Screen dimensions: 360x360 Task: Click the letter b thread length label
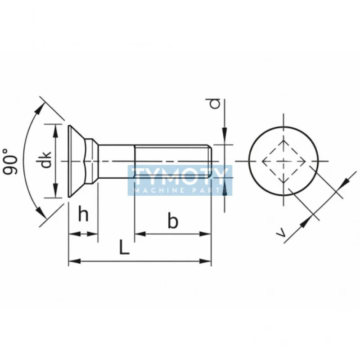[173, 221]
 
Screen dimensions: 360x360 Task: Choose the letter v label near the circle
[280, 232]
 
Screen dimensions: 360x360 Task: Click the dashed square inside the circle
[283, 161]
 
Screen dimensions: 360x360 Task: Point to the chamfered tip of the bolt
[209, 161]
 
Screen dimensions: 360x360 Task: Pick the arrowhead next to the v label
[307, 220]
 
